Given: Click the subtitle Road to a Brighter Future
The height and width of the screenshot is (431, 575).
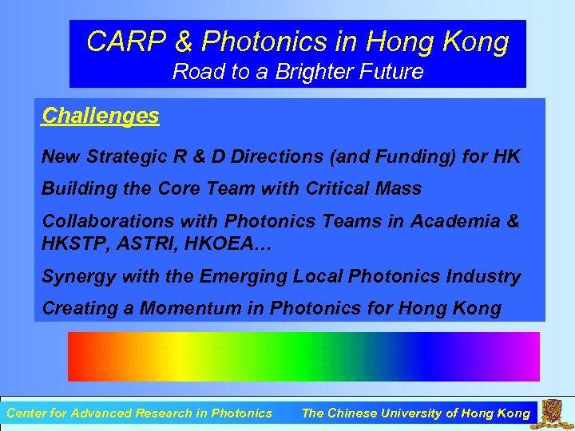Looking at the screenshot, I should pos(298,72).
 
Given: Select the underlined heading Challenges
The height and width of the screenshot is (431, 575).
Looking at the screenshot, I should pos(101,116).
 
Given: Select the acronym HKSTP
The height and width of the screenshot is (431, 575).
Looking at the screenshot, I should pos(73,244).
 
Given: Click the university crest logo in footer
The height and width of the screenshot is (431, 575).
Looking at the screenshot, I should pos(553,413).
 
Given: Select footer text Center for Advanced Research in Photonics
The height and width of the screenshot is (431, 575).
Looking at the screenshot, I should pos(139,413).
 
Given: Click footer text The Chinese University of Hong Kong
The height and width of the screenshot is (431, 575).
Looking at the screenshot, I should pos(415,413).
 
